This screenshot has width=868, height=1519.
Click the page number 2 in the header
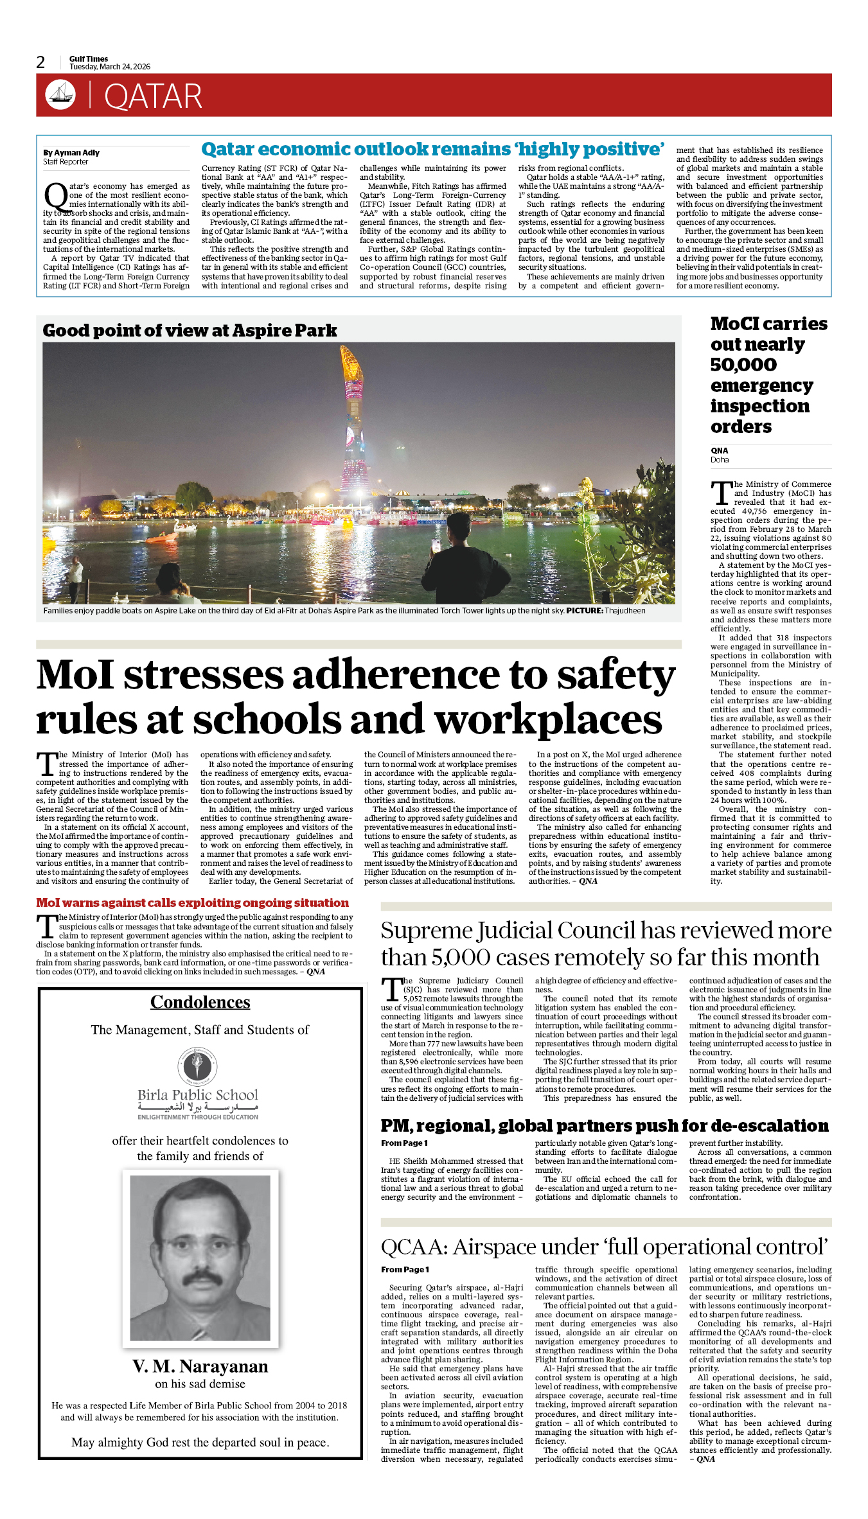tap(40, 62)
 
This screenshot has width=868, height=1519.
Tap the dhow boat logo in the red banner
tap(60, 95)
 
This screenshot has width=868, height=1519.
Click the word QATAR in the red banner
tap(153, 96)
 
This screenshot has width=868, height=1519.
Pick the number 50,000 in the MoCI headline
tap(743, 365)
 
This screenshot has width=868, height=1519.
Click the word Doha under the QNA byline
tap(720, 460)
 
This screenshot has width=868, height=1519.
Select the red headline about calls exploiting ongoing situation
tap(192, 902)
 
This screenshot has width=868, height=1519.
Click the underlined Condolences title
tap(200, 1002)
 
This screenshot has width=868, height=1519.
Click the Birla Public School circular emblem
tap(198, 1066)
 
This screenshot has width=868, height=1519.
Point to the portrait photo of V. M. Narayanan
tap(200, 1258)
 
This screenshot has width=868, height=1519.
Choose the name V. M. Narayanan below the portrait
tap(200, 1366)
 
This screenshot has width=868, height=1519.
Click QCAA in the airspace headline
tap(414, 1247)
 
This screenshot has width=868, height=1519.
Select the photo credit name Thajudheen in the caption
tap(625, 611)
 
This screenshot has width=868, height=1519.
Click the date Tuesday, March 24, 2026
tap(110, 67)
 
